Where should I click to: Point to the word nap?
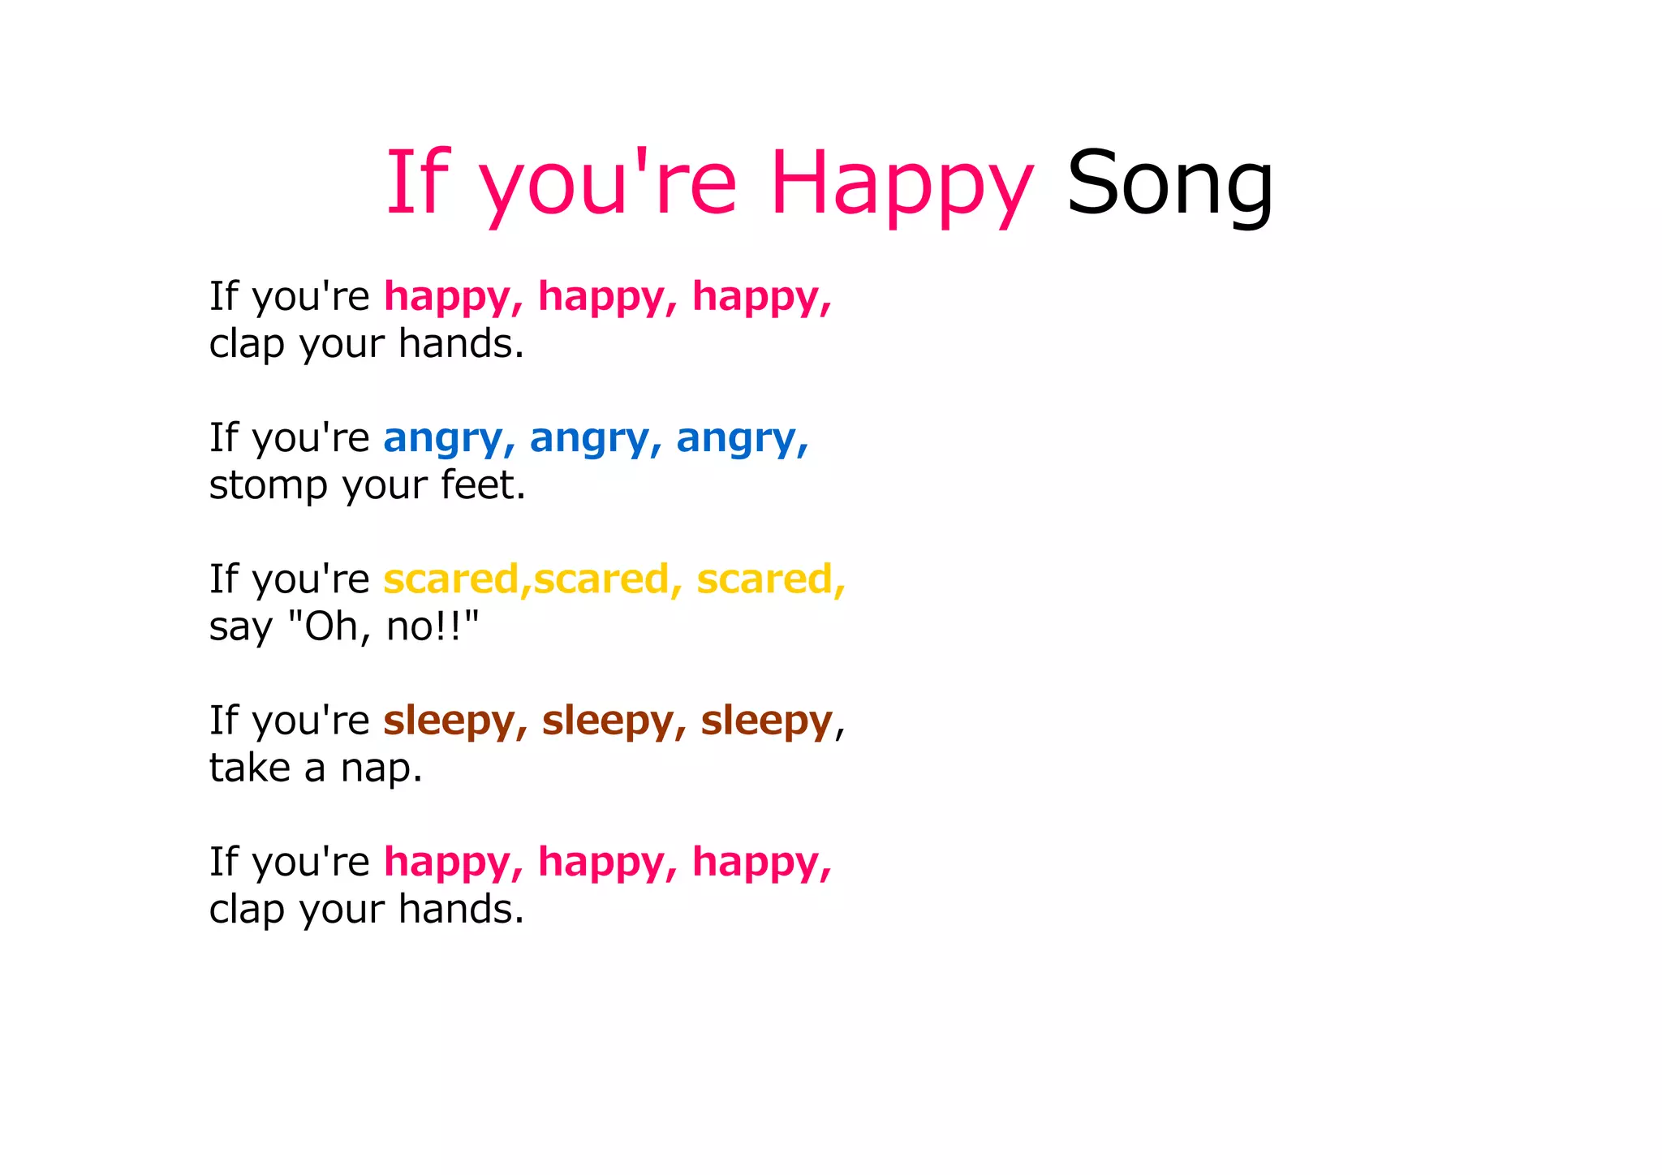coord(381,768)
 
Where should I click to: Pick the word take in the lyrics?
coord(249,767)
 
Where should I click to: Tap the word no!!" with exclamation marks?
coord(433,626)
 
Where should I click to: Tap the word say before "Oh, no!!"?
coord(240,627)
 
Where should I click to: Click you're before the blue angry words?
coord(311,439)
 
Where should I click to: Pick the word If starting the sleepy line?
coord(224,720)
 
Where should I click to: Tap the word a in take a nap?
coord(315,768)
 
